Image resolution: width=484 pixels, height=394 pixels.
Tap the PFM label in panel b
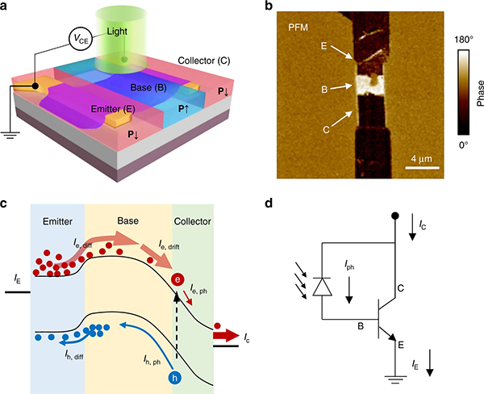300,27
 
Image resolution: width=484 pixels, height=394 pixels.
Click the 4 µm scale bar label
420,154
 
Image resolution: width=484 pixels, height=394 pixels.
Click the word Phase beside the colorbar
479,92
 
